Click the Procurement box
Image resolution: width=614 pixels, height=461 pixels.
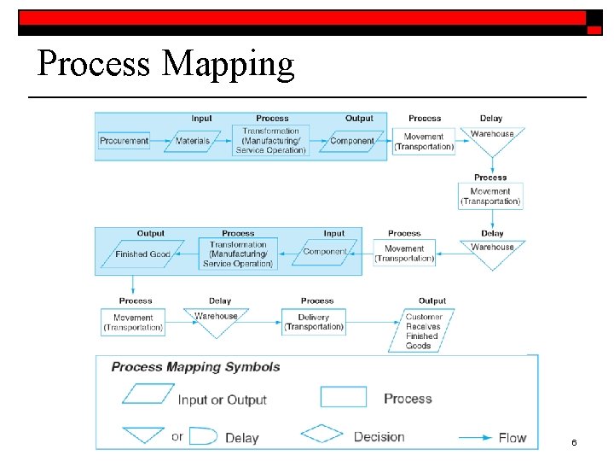point(125,141)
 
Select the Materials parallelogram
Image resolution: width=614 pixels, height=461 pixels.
point(192,141)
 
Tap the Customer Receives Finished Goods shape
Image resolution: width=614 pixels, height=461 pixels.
point(424,331)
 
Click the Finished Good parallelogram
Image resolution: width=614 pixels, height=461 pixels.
point(142,254)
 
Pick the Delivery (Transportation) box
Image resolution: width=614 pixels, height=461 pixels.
point(314,322)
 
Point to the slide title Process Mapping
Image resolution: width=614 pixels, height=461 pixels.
point(165,64)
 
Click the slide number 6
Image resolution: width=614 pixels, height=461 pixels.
point(574,442)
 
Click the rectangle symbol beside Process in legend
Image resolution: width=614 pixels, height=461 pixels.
point(343,397)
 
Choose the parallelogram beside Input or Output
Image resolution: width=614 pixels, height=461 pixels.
point(147,394)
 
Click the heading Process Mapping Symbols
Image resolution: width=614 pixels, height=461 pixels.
point(195,367)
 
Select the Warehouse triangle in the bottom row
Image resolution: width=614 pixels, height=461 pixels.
point(217,319)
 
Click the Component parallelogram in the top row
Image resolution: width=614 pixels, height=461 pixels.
point(351,141)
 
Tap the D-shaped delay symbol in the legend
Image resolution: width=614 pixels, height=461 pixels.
point(201,436)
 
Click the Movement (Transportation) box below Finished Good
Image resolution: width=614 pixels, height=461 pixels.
point(133,323)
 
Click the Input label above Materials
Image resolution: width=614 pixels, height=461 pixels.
point(202,119)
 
